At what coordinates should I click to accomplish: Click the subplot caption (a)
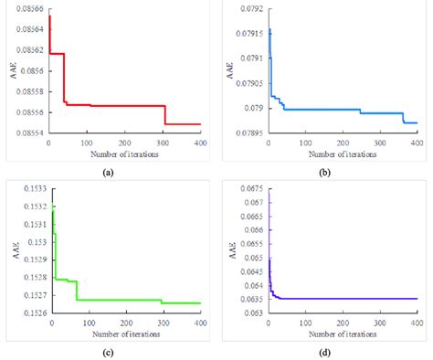pos(108,172)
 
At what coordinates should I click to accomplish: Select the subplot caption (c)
pos(108,353)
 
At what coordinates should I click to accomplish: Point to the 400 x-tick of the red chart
pos(200,144)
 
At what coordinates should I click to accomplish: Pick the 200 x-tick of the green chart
pos(125,325)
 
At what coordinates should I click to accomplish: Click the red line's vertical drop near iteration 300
pos(164,115)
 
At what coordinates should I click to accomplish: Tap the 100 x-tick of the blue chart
pos(304,144)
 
